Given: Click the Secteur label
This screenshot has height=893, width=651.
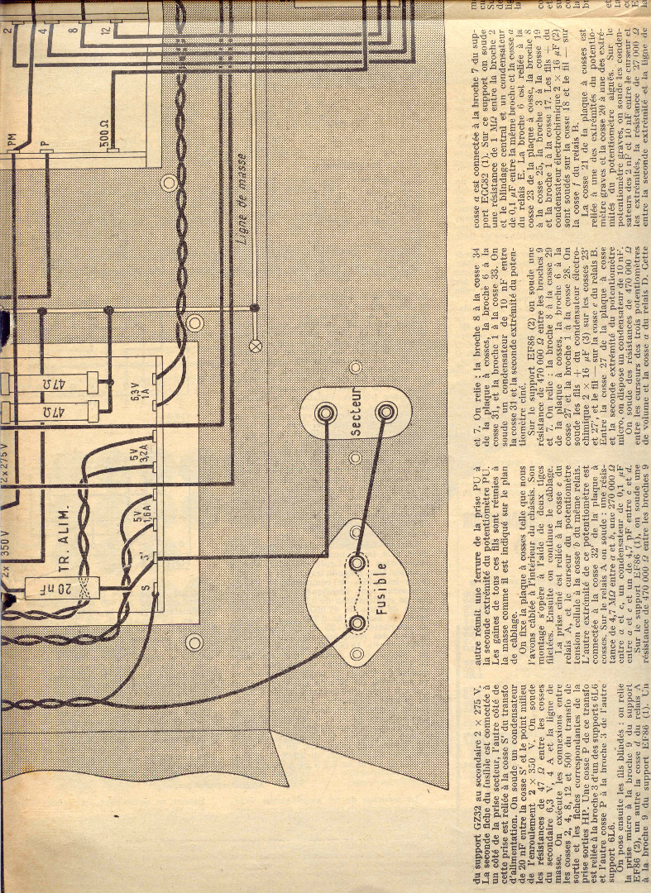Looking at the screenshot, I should (356, 412).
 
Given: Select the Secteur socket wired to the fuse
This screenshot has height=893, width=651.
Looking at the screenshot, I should (384, 411).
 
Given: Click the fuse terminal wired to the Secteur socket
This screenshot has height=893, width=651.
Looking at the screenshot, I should (357, 562).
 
